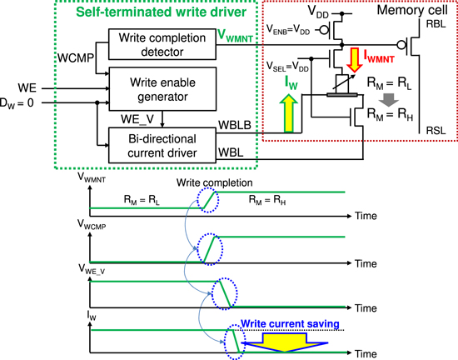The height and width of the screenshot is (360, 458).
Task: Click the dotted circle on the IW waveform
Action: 236,342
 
